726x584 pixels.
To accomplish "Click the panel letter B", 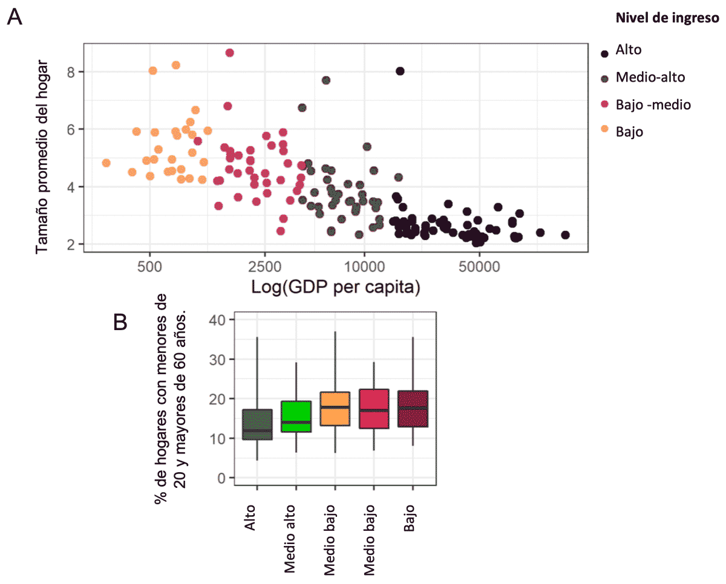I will coord(120,323).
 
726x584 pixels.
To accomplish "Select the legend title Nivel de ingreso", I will coord(667,19).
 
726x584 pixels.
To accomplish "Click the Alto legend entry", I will coord(628,50).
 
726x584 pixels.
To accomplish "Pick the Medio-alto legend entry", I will coord(650,77).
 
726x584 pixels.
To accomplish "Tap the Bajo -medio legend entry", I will coord(653,105).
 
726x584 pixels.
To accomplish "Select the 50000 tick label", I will coord(479,267).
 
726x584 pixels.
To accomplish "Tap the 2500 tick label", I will coord(265,267).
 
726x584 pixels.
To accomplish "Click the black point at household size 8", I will coord(400,71).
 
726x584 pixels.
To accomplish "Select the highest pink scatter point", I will coord(229,53).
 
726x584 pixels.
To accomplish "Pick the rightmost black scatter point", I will coord(565,235).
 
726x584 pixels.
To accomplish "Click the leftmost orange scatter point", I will coord(106,163).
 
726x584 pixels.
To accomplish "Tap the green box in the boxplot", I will coord(296,416).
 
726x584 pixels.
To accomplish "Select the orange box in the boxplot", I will coord(335,409).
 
